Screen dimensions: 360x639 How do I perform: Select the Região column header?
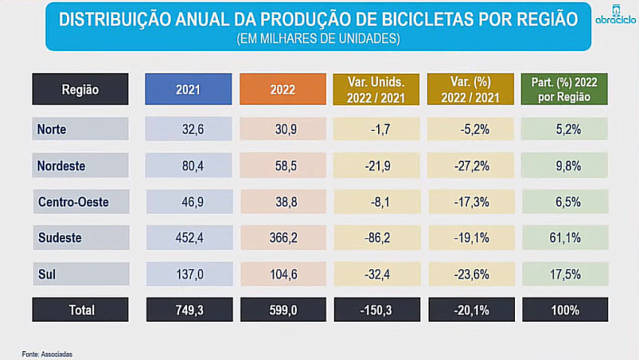[80, 89]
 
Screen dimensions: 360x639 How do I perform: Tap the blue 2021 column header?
[188, 89]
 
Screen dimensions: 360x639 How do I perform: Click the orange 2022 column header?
[282, 89]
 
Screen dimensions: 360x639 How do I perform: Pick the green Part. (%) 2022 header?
[564, 89]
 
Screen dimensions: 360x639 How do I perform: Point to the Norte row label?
[53, 129]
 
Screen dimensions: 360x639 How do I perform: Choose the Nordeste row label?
[62, 165]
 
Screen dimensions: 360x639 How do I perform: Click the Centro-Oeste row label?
[74, 201]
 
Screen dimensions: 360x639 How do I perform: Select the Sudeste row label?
[60, 237]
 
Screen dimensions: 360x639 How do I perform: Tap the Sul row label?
[47, 274]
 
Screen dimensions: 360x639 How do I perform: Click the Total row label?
[80, 310]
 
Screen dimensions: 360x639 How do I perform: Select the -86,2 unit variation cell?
[377, 237]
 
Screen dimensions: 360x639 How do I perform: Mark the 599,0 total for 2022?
[283, 310]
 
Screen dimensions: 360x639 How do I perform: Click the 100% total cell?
[565, 310]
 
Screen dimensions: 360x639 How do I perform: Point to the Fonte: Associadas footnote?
[47, 353]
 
